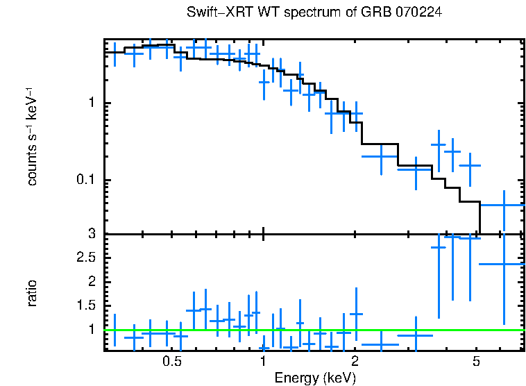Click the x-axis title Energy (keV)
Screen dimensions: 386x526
coord(314,378)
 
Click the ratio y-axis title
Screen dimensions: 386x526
coord(31,293)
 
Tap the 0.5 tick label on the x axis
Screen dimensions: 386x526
coord(171,362)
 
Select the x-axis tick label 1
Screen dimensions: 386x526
coord(263,362)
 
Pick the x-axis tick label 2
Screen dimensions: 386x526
coord(355,362)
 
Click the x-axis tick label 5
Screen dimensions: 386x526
coord(476,362)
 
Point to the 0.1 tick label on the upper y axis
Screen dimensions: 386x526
coord(85,181)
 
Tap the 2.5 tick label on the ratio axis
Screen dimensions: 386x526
coord(85,258)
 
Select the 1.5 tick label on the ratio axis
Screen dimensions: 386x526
coord(85,305)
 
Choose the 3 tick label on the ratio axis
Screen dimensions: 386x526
coord(90,234)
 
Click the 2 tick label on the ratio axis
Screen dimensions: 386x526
coord(90,281)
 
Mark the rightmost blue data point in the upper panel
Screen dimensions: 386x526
coord(504,205)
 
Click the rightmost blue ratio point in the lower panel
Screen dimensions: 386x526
coord(504,264)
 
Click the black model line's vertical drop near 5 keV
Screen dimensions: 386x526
coord(480,218)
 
